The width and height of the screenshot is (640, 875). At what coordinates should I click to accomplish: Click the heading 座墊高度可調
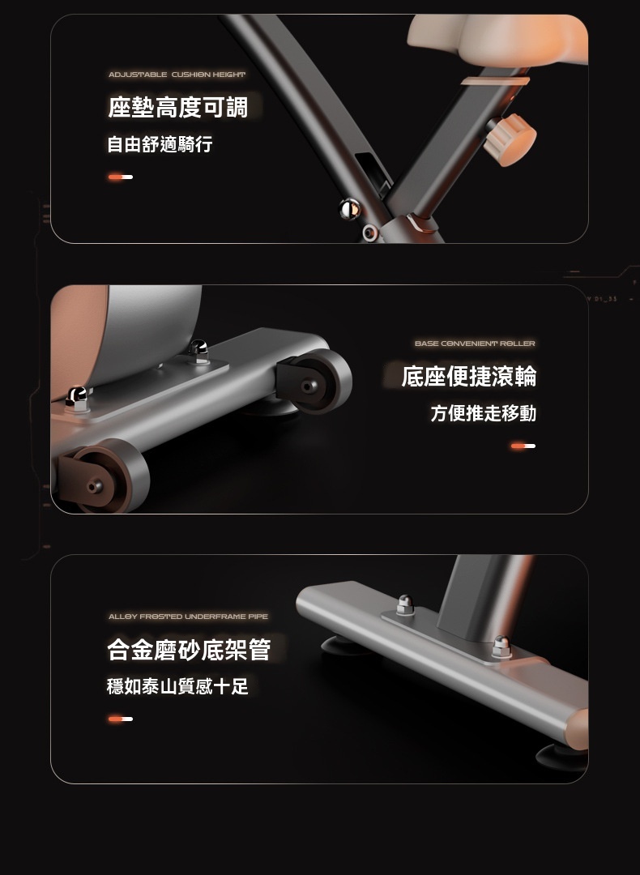pos(177,107)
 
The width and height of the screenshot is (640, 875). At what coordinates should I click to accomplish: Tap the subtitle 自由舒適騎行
pos(160,144)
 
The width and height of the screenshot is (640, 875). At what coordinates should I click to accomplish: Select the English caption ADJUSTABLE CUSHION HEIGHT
pos(177,75)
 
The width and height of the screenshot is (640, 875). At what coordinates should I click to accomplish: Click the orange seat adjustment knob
pos(510,139)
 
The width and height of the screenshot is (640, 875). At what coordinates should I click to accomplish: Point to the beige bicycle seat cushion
pos(497,39)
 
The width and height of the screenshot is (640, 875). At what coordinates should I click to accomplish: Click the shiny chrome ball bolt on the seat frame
pos(350,209)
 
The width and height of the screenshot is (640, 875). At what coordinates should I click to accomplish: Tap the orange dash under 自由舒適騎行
pos(121,177)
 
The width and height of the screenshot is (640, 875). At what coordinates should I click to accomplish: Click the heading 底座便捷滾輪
pos(469,376)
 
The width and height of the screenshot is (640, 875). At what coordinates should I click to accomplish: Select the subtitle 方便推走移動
pos(483,413)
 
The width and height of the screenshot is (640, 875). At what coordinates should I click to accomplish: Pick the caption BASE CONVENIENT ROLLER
pos(475,344)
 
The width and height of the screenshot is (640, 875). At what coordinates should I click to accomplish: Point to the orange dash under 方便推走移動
pos(523,446)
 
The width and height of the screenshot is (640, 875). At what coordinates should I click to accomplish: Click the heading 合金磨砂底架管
pos(189,650)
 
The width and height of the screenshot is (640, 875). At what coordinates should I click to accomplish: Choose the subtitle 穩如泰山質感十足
pos(177,686)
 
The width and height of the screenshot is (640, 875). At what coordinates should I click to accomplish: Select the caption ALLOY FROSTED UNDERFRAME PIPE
pos(188,617)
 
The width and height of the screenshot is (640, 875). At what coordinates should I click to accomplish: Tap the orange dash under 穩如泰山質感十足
pos(121,719)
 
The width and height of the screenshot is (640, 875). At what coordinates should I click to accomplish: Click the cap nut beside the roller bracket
pos(198,351)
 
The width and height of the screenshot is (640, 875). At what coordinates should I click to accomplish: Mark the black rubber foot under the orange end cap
pos(561,758)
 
